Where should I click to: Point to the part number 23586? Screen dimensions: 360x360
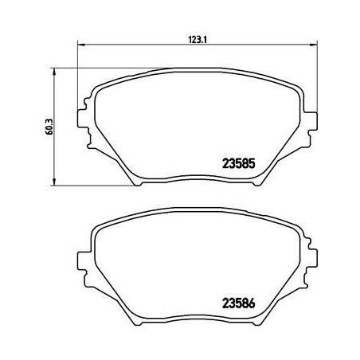tap(237, 303)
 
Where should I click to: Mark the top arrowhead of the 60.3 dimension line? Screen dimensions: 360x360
tap(52, 71)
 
